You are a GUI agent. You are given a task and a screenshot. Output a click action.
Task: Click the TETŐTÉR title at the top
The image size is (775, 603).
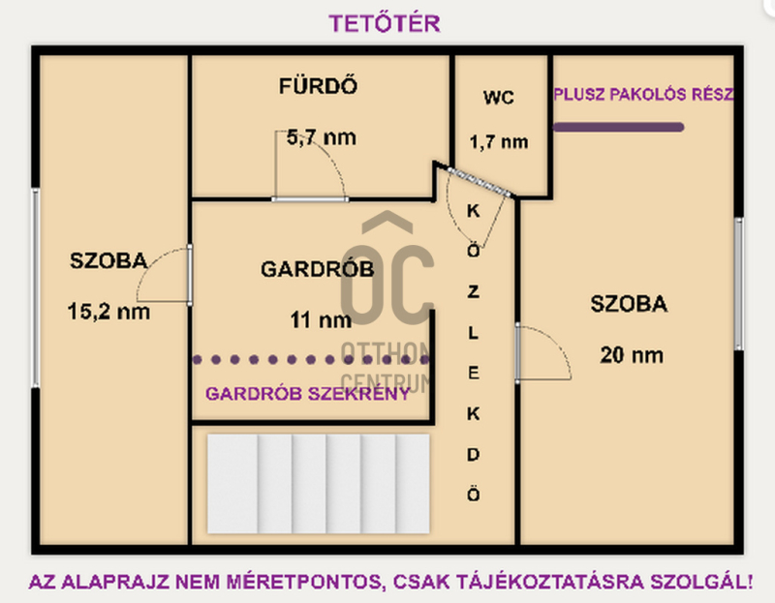click(385, 23)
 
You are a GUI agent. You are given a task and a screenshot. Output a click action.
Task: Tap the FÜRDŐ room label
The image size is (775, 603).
click(318, 86)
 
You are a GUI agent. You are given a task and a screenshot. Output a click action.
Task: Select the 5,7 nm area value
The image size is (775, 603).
click(322, 137)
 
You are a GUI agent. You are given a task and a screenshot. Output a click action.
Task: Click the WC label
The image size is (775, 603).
click(499, 98)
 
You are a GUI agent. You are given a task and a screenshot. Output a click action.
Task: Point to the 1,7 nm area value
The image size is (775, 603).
click(499, 142)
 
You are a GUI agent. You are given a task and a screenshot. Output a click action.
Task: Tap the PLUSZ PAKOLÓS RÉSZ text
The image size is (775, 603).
click(643, 94)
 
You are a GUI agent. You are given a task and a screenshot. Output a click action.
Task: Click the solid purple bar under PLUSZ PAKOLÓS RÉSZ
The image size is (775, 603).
click(618, 128)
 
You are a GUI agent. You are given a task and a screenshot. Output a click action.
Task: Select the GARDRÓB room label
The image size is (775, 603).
click(318, 269)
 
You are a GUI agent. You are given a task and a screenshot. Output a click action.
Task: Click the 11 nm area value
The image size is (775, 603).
click(321, 320)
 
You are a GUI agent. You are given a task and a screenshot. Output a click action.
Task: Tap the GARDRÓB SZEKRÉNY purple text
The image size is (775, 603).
click(308, 394)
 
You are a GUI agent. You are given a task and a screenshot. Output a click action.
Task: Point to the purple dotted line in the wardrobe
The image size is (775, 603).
click(311, 359)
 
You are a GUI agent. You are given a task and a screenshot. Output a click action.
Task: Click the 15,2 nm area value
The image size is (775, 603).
click(108, 312)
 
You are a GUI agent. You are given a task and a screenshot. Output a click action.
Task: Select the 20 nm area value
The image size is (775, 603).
click(632, 355)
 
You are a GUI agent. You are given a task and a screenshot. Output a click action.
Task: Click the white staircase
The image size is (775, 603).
click(319, 484)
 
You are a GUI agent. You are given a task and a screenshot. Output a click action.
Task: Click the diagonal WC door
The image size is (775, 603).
click(480, 182)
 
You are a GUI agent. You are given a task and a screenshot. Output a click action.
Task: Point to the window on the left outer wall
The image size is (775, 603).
click(36, 287)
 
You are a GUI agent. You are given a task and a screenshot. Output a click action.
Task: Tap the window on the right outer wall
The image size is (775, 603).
click(739, 284)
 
